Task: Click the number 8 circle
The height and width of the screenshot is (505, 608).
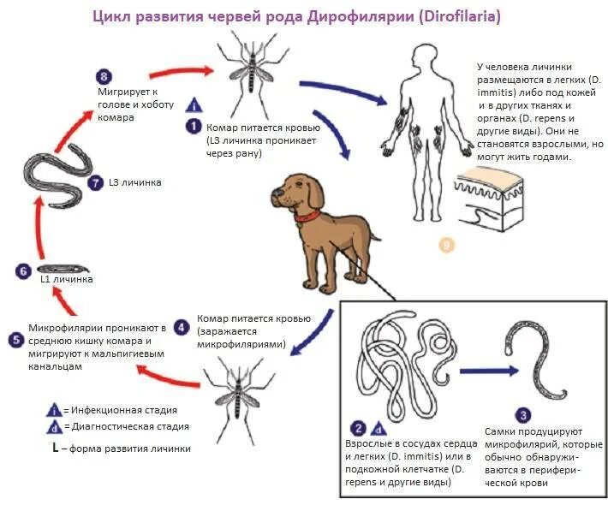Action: point(105,78)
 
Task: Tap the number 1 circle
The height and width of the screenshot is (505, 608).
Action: point(194,125)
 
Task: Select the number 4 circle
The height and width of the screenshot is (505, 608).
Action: point(181,326)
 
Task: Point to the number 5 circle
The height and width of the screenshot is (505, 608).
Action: point(15,339)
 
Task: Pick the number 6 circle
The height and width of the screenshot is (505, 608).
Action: point(23,271)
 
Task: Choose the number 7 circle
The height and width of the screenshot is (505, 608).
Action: point(95,182)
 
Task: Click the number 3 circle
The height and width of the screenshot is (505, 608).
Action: point(525,414)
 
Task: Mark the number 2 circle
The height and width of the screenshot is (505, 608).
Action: point(359,428)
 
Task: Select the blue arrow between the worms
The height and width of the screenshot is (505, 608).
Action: point(488,371)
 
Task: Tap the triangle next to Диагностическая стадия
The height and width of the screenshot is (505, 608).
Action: point(54,426)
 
